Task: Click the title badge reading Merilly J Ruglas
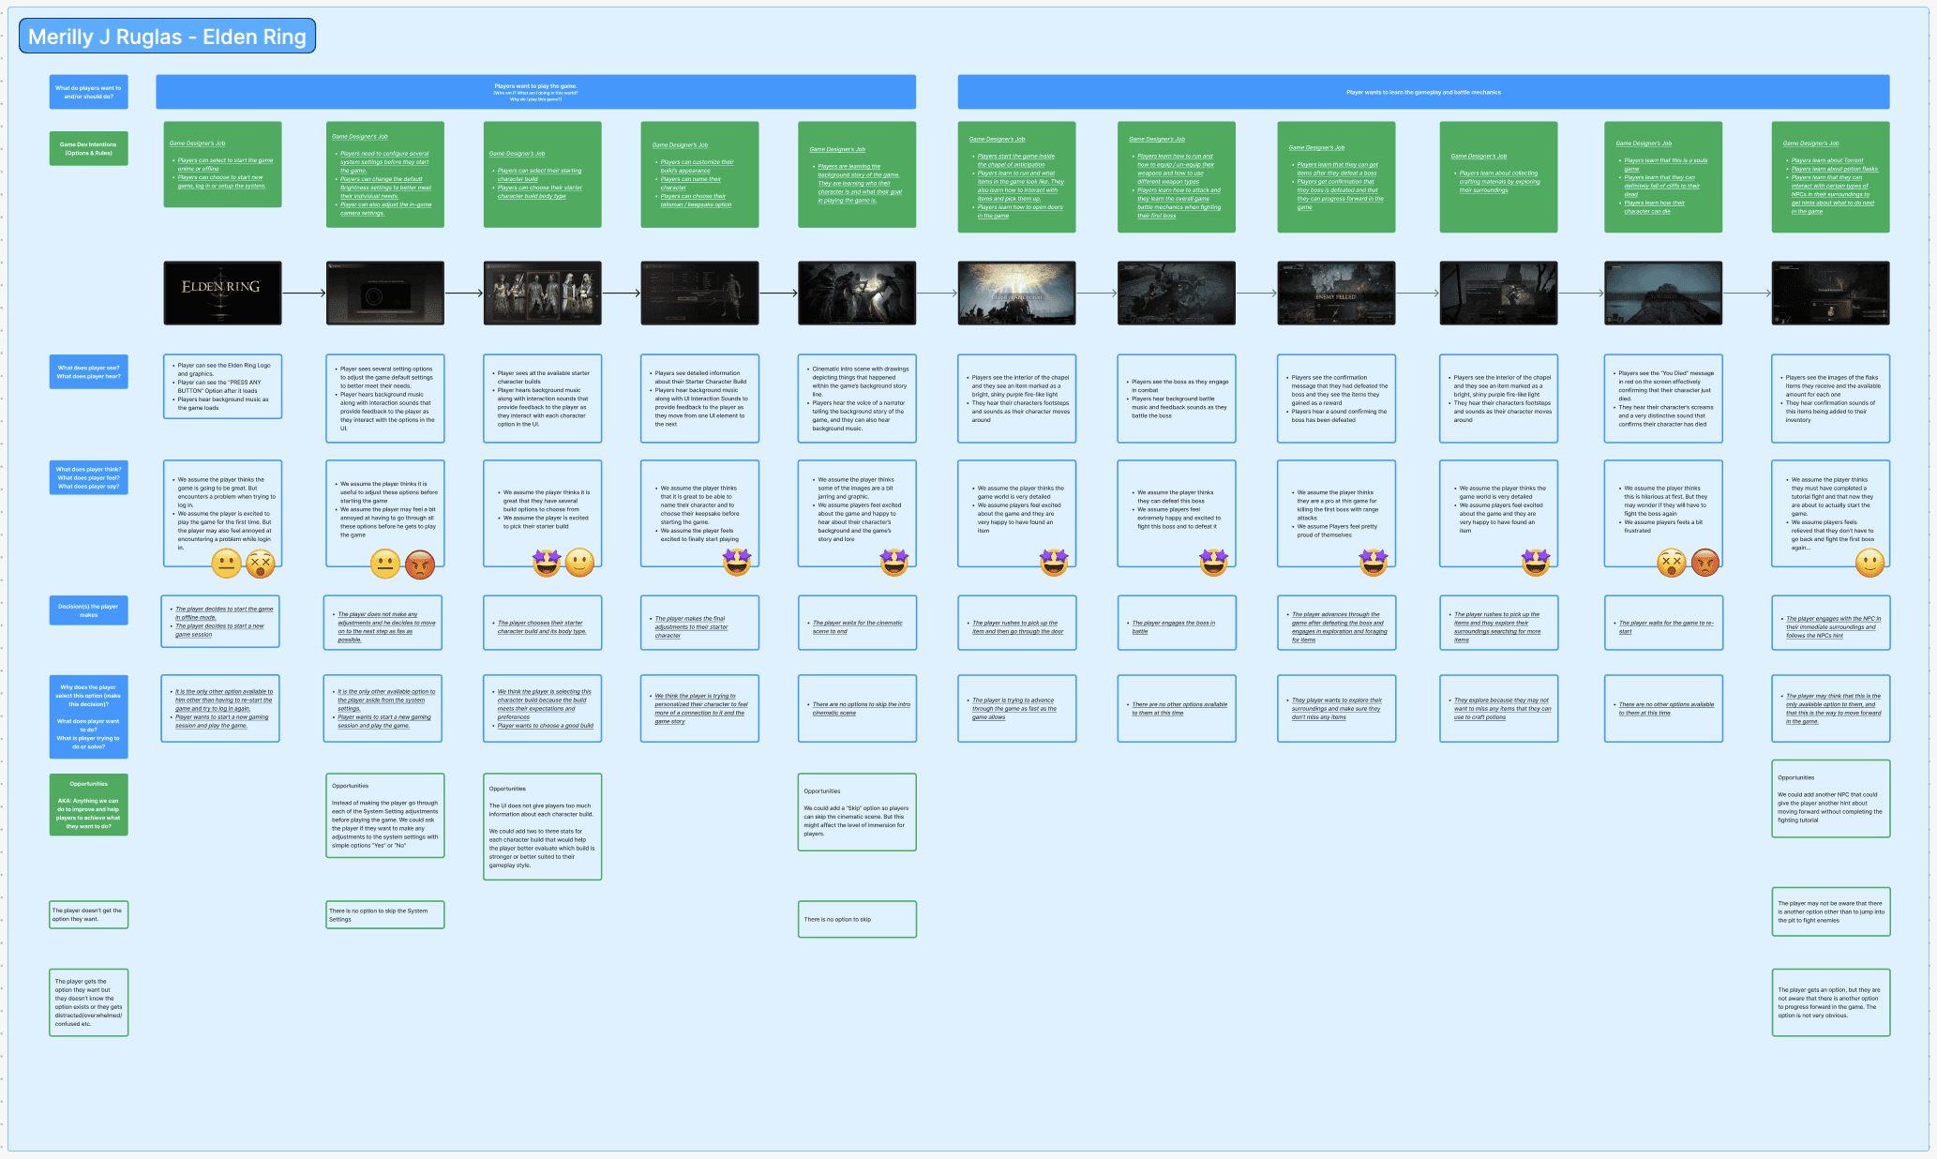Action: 167,37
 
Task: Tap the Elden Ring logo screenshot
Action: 222,293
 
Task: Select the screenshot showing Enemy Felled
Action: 1336,293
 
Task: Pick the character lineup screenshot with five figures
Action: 542,293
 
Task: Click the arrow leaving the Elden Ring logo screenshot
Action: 304,294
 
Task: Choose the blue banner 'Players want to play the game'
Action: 535,92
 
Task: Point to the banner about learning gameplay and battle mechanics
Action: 1422,92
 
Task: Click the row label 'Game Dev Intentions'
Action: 88,148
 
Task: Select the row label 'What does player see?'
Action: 88,372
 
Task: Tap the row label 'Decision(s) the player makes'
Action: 88,610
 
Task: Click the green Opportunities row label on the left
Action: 88,805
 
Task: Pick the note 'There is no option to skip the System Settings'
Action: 384,914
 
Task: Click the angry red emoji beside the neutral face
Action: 421,564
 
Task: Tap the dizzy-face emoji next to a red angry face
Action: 1671,563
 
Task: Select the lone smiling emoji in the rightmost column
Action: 1869,563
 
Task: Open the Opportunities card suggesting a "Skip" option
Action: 856,812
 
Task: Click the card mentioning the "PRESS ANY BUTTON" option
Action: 222,386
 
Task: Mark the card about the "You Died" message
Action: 1662,399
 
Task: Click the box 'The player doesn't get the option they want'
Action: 88,914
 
